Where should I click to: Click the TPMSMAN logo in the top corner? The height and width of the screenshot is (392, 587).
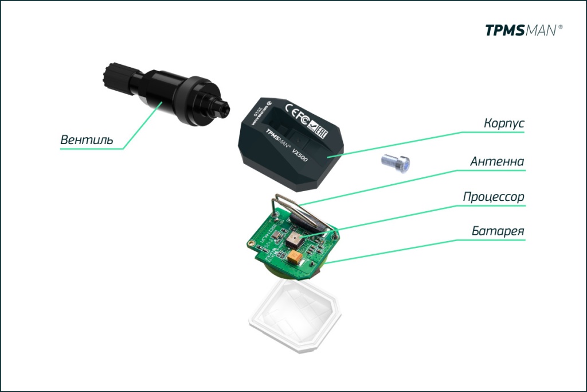pyautogui.click(x=523, y=30)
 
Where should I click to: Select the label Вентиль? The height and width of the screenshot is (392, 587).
pyautogui.click(x=87, y=140)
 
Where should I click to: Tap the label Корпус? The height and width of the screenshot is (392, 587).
pyautogui.click(x=504, y=123)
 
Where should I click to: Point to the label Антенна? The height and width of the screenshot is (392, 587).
pyautogui.click(x=497, y=161)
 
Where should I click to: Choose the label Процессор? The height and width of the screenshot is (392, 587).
pyautogui.click(x=494, y=197)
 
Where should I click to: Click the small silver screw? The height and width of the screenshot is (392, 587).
pyautogui.click(x=396, y=163)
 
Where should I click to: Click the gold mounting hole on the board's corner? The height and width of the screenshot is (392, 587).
pyautogui.click(x=251, y=244)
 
